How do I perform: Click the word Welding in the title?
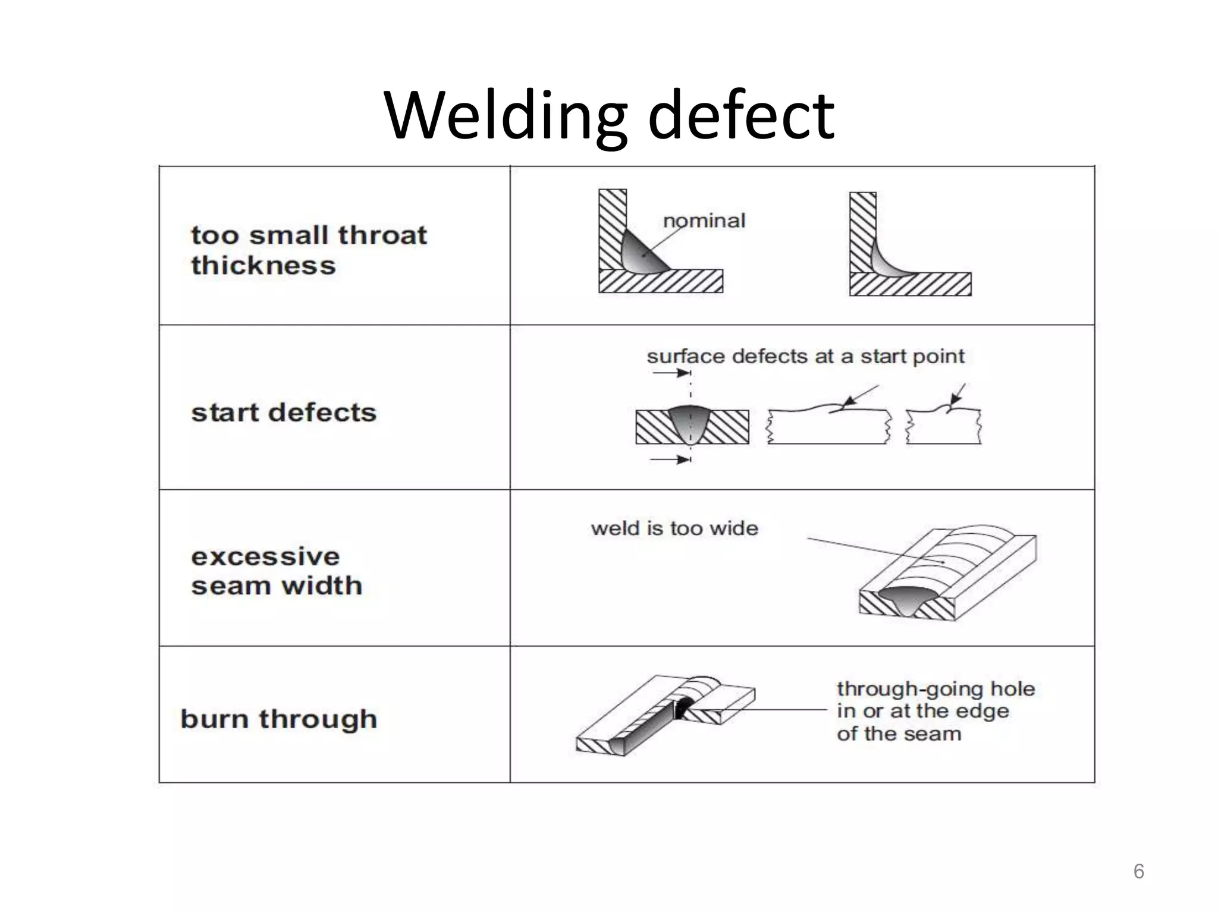(506, 116)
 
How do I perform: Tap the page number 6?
(1138, 871)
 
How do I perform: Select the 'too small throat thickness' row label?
(309, 250)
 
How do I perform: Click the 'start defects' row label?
(284, 413)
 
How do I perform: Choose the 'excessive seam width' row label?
(277, 571)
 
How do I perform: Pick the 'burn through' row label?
(279, 719)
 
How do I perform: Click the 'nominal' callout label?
(704, 221)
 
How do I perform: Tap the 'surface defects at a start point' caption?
(805, 357)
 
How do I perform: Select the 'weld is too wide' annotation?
(674, 528)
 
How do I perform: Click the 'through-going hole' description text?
(935, 711)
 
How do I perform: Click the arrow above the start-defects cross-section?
(672, 373)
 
